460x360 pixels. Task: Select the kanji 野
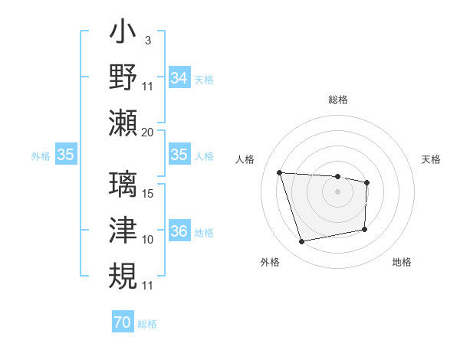tap(123, 77)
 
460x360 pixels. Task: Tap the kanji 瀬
tap(123, 122)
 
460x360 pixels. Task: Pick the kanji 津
tap(123, 230)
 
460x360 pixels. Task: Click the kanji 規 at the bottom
tap(123, 275)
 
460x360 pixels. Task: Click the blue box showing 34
tap(179, 78)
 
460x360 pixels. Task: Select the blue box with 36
tap(179, 232)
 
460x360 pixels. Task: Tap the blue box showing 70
tap(122, 322)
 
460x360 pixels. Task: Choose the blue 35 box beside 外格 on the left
tap(66, 155)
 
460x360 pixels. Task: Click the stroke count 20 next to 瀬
tap(147, 132)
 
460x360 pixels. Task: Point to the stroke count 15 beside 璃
tap(148, 194)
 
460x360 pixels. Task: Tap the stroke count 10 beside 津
tap(148, 240)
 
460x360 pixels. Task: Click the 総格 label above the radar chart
tap(338, 100)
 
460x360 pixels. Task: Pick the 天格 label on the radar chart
tap(432, 159)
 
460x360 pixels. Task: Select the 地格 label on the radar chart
tap(402, 262)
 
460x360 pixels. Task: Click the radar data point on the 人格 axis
tap(280, 173)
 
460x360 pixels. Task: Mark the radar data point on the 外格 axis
tap(302, 242)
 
